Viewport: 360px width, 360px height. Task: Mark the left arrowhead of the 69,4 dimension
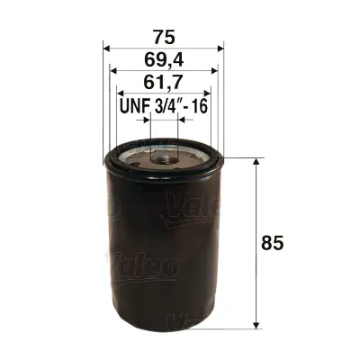pos(112,72)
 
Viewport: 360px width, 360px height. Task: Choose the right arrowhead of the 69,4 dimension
pos(213,72)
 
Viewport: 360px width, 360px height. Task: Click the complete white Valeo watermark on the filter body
pos(144,266)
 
